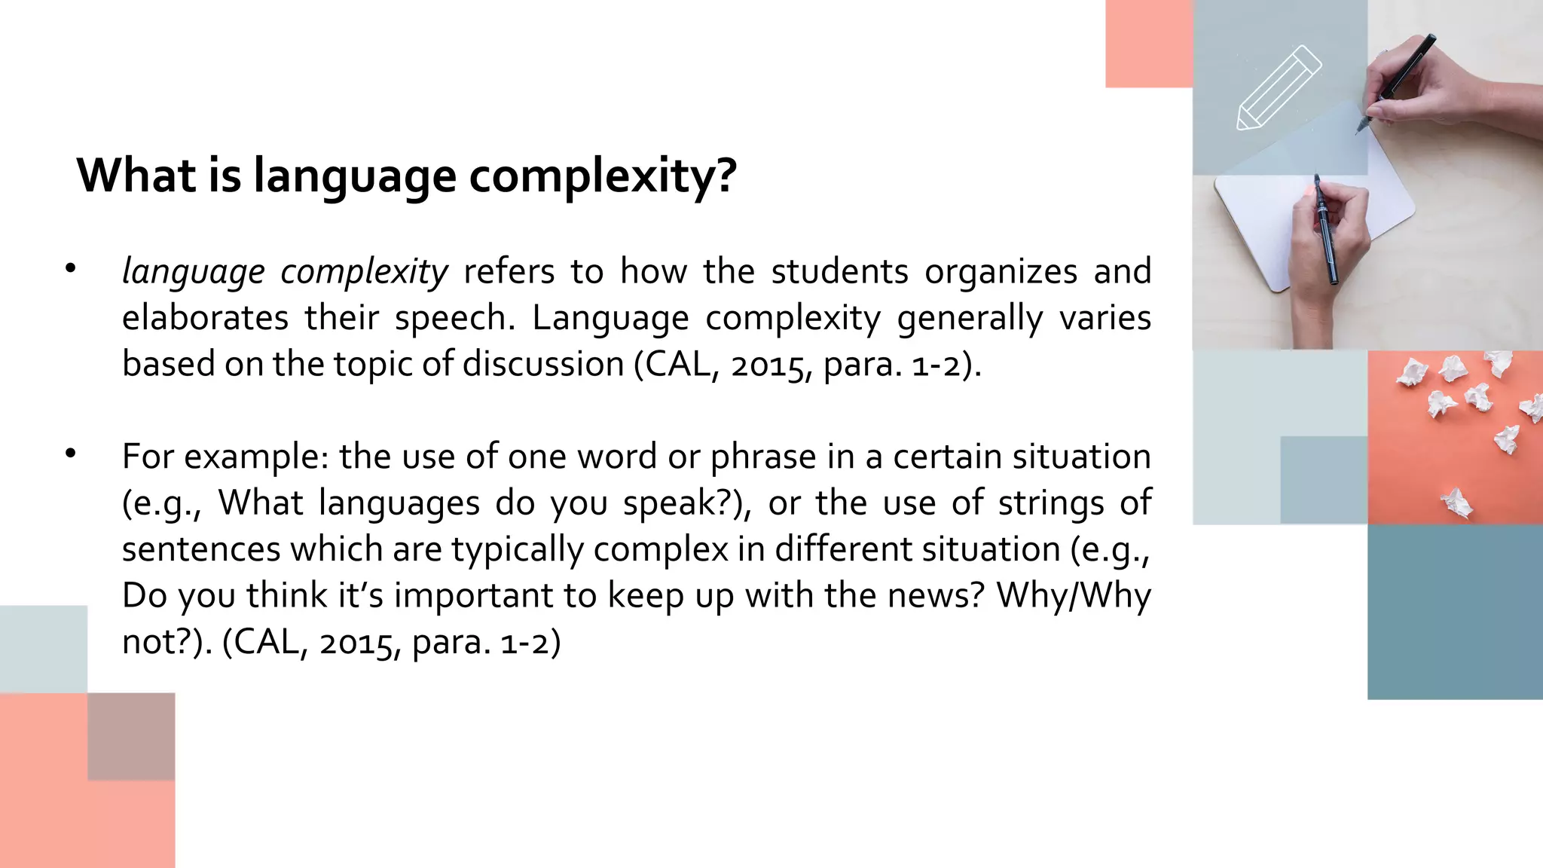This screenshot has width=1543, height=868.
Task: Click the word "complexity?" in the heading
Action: point(603,176)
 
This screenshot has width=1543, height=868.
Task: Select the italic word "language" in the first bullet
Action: point(194,272)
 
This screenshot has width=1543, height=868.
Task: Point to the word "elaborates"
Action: point(205,317)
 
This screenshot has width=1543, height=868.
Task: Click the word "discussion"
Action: point(543,364)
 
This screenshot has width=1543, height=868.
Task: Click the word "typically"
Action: point(518,549)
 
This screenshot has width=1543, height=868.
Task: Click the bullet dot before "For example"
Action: point(71,454)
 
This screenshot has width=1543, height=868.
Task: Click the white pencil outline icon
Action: point(1279,87)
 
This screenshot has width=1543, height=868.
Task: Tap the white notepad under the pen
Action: point(1266,226)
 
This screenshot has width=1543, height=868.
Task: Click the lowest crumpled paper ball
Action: point(1456,502)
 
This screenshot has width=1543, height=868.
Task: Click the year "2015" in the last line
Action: point(354,643)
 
